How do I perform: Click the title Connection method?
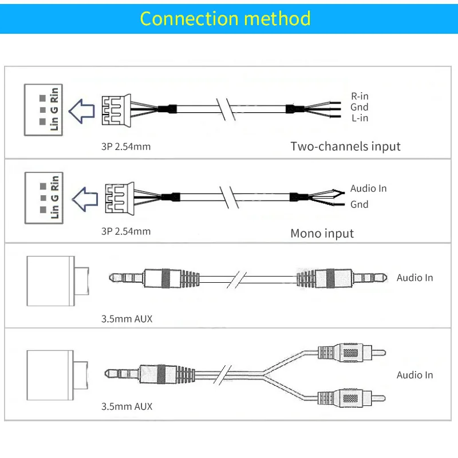tap(225, 18)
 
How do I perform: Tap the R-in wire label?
tap(360, 96)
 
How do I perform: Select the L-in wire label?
tap(360, 118)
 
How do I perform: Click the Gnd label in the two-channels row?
tap(360, 107)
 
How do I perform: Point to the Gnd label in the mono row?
tap(360, 204)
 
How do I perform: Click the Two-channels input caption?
tap(345, 146)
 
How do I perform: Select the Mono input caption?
tap(322, 234)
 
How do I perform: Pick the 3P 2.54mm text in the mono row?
tap(126, 231)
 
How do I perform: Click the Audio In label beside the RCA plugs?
tap(414, 375)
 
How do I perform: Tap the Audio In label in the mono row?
tap(368, 188)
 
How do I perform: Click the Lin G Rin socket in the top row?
tap(43, 110)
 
